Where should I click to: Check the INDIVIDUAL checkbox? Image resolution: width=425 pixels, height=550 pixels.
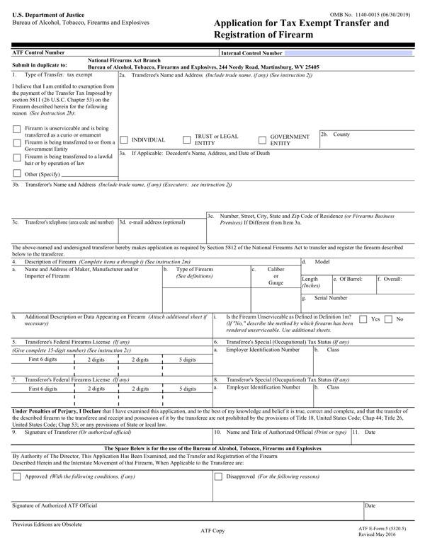click(x=124, y=139)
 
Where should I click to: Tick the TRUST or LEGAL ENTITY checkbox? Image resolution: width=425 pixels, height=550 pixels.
click(x=188, y=139)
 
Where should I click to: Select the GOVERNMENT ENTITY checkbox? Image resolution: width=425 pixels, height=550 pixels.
click(x=263, y=139)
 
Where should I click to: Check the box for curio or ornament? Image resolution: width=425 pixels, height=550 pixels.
click(x=17, y=129)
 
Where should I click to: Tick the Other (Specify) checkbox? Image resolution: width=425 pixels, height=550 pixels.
click(x=17, y=173)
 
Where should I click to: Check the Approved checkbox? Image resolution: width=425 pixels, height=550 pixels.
click(x=17, y=477)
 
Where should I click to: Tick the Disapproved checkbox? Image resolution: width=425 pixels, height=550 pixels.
click(x=219, y=477)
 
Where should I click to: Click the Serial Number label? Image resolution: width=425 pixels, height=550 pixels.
click(x=329, y=298)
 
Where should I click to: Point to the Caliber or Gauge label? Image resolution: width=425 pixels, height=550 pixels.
click(x=276, y=276)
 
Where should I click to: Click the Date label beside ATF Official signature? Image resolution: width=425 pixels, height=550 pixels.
click(x=370, y=506)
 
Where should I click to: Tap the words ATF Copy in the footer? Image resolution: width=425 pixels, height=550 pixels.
click(x=213, y=530)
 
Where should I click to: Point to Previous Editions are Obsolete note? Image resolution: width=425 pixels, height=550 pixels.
click(x=47, y=525)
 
